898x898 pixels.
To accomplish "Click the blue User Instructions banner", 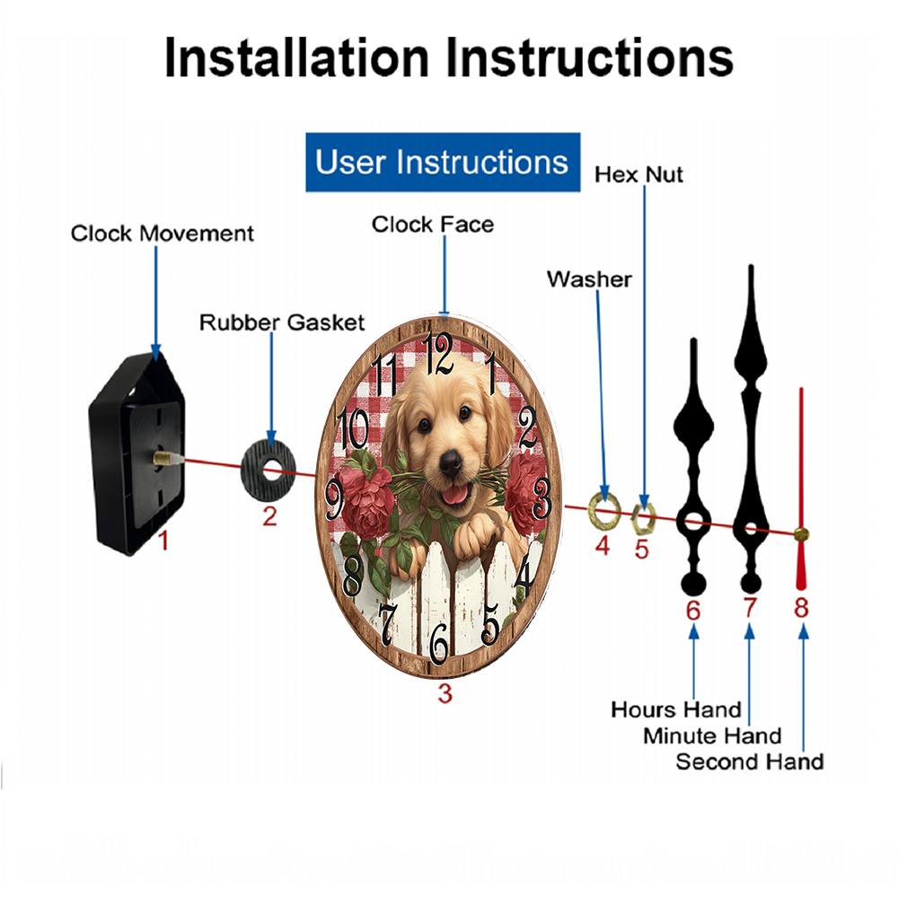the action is click(x=443, y=162).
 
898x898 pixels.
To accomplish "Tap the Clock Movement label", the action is click(x=162, y=233).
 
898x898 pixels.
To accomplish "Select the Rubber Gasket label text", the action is click(x=282, y=322).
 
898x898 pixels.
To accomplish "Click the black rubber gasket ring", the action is click(x=268, y=471).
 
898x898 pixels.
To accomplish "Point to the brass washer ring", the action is click(x=604, y=509).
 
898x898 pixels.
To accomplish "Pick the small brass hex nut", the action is click(x=643, y=518).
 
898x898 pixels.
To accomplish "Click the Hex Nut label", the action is click(x=638, y=175).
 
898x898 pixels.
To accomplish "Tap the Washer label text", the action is click(x=589, y=279).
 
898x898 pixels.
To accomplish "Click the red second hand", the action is click(x=801, y=489).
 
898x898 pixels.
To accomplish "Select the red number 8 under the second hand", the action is click(x=801, y=608).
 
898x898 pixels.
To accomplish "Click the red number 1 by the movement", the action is click(x=163, y=540).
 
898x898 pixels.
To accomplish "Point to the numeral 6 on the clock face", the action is click(x=439, y=643).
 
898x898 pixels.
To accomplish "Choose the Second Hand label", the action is click(x=750, y=762).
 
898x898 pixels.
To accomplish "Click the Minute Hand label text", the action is click(x=712, y=736).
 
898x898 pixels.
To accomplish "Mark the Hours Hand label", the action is click(x=676, y=709).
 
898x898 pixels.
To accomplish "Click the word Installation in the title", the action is click(x=296, y=57).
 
